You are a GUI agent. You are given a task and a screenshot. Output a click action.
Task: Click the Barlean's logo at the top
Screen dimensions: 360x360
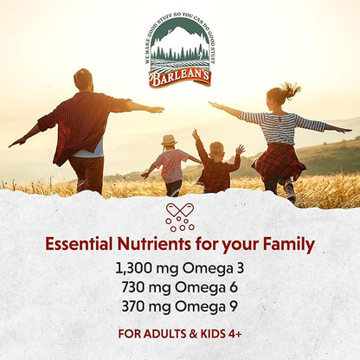point(179,53)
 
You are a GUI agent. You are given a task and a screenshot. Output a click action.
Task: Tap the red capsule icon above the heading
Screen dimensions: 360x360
point(179,217)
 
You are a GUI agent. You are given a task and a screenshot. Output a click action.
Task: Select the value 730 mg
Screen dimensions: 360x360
point(154,286)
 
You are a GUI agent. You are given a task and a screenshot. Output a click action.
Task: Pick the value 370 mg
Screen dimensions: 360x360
point(154,305)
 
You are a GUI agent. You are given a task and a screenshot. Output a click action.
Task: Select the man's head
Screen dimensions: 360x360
point(84,80)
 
